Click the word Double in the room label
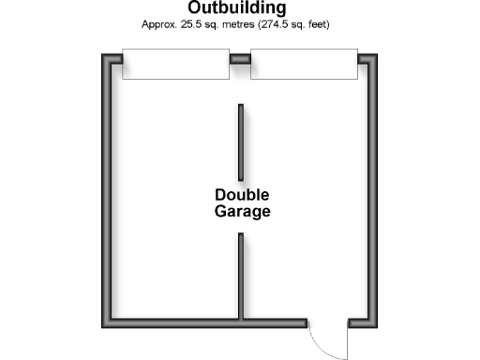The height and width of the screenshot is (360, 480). coord(242,195)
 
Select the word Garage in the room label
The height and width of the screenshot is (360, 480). coord(242,212)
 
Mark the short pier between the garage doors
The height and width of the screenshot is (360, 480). coord(240,58)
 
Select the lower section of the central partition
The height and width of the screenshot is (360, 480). coord(241,277)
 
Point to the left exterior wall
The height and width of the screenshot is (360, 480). coord(108,187)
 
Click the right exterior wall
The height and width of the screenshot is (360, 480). coord(372,187)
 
